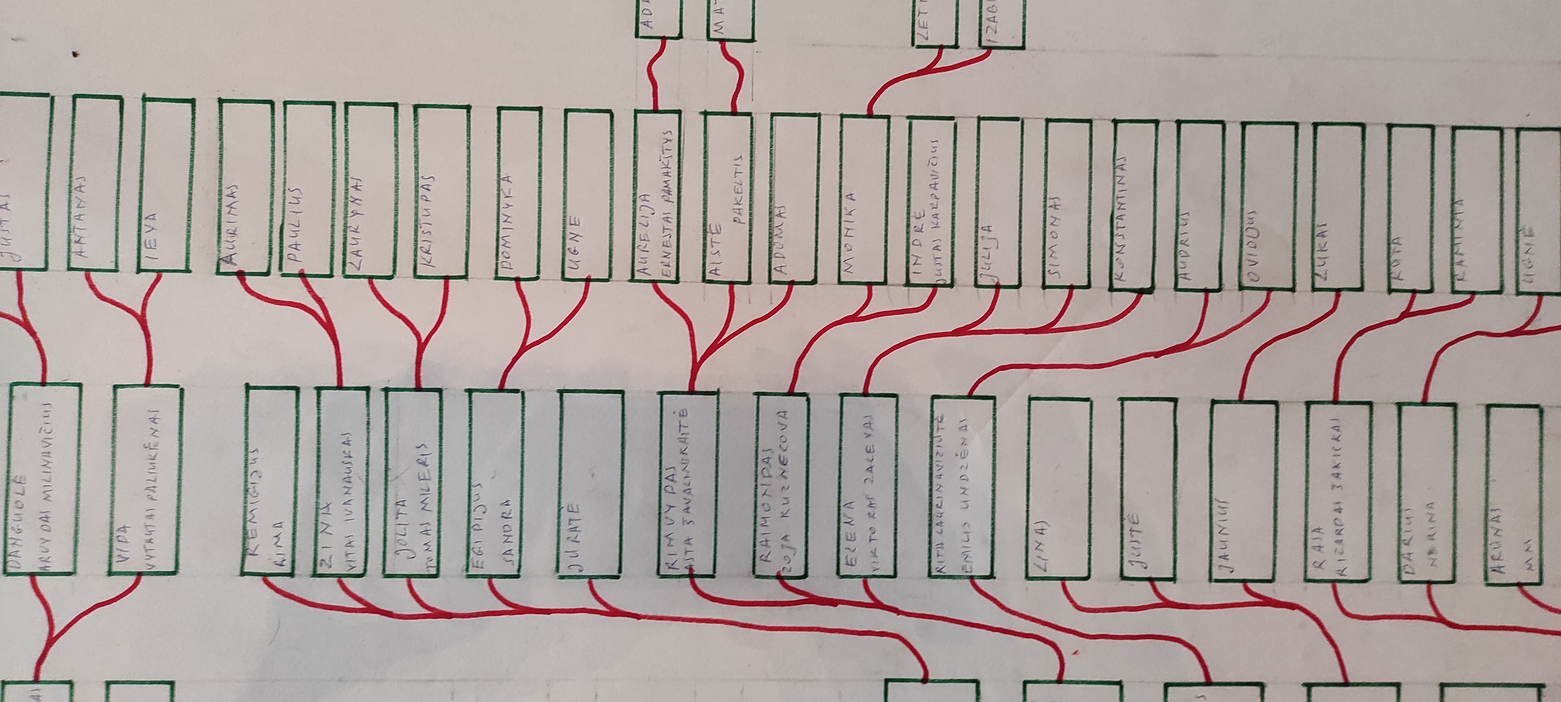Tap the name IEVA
tap(151, 240)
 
